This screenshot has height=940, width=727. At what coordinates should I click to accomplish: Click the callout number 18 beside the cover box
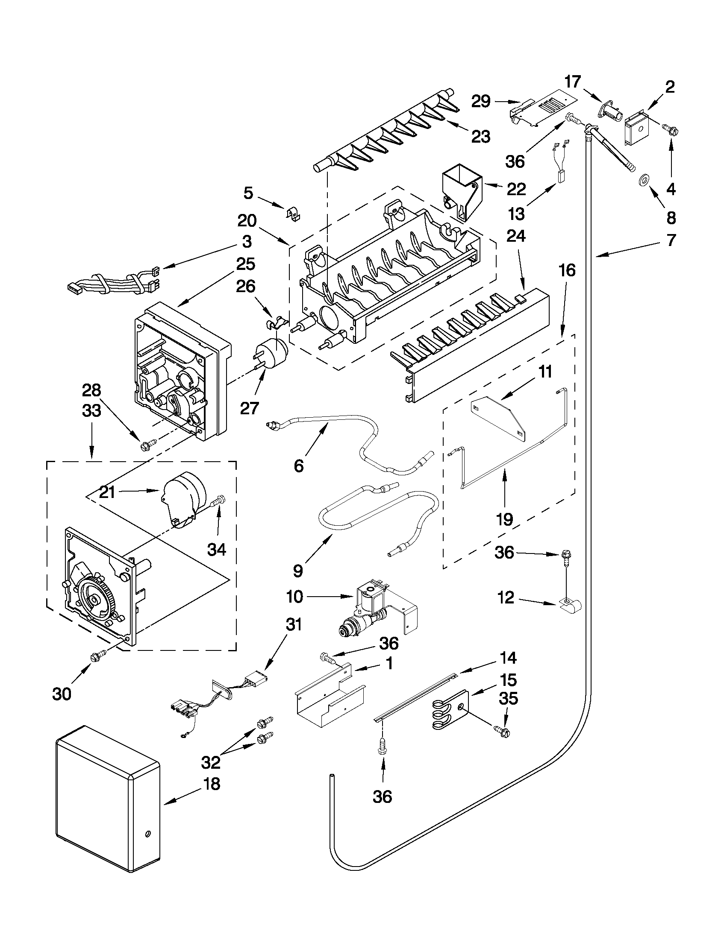(211, 784)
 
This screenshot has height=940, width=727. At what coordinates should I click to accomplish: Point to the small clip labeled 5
(294, 214)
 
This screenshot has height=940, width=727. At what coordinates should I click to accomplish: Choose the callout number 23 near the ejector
(481, 137)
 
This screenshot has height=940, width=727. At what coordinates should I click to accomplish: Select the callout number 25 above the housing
(245, 264)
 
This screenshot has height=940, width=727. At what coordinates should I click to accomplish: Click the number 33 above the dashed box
(91, 410)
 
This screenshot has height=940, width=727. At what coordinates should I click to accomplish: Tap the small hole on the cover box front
(148, 834)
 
